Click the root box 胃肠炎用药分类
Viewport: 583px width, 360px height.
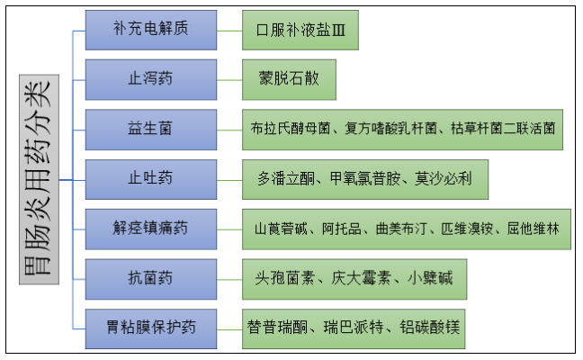pos(37,180)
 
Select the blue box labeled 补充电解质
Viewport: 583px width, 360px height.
pos(150,30)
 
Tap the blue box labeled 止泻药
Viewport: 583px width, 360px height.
pos(150,79)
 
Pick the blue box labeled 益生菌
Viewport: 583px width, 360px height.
pos(150,129)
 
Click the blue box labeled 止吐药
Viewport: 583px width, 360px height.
pos(150,178)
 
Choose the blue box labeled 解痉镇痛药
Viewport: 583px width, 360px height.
pos(150,229)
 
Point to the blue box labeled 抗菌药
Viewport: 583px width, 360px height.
pos(150,278)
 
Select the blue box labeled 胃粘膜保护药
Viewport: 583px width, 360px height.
pos(150,327)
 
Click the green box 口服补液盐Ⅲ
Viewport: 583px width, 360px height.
pos(307,30)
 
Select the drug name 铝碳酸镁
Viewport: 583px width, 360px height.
pos(430,327)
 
